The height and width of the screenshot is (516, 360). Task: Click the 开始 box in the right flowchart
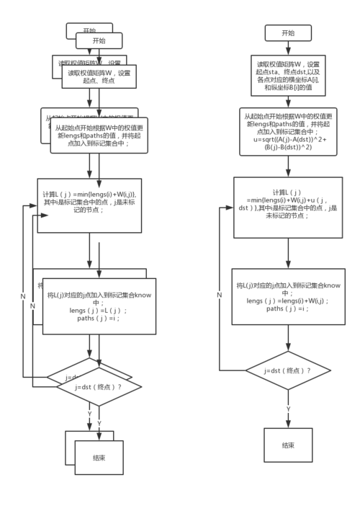click(x=288, y=32)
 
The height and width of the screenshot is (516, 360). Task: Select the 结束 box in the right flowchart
click(x=288, y=445)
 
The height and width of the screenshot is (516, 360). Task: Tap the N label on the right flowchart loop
click(x=219, y=295)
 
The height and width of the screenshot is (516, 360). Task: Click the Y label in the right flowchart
click(x=289, y=409)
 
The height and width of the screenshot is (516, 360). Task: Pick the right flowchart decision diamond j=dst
click(x=288, y=370)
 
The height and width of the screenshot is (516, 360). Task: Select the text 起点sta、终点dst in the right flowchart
click(x=288, y=72)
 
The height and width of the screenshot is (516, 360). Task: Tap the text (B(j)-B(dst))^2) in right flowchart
click(x=288, y=149)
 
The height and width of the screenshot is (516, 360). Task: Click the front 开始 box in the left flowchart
click(x=99, y=41)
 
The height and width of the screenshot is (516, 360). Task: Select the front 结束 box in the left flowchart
click(x=99, y=457)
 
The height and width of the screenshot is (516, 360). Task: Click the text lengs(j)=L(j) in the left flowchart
click(x=99, y=310)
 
